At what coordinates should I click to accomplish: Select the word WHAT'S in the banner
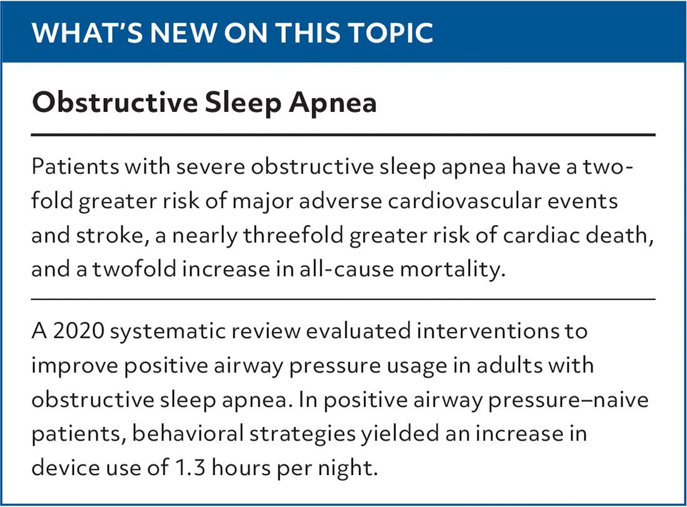87,33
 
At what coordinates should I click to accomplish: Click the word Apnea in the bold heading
332,103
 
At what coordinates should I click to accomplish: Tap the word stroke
109,235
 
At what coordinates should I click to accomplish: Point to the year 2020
79,331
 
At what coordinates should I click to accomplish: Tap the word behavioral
188,433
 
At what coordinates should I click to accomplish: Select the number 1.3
190,468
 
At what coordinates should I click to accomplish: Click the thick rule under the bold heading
343,135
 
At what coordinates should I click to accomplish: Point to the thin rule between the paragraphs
343,299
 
